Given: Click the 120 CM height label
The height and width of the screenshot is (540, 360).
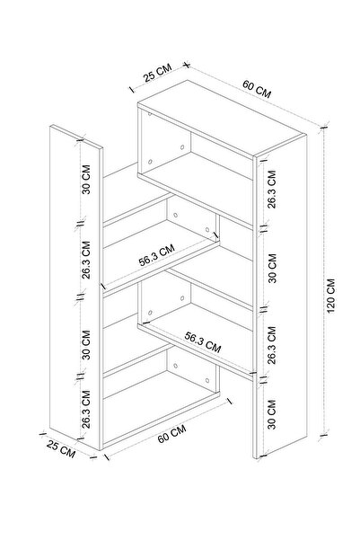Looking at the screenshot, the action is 330,296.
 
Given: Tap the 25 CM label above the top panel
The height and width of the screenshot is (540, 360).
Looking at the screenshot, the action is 157,73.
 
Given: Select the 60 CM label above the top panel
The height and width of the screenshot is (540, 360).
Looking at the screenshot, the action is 257,89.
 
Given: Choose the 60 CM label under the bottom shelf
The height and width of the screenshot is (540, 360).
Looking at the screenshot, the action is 171,434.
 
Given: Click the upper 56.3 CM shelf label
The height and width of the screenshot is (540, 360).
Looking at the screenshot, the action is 156,255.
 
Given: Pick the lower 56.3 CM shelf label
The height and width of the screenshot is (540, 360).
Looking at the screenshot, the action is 203,342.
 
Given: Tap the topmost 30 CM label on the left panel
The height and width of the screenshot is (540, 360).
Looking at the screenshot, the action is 86,180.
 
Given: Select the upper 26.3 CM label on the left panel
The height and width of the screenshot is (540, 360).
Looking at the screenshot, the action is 86,260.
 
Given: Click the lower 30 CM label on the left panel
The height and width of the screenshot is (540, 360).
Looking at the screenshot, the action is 86,345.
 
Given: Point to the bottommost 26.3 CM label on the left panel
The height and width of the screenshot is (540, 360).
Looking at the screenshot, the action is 86,409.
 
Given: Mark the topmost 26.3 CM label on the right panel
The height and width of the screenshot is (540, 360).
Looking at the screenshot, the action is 272,189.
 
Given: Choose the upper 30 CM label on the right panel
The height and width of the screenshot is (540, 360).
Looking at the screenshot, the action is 272,269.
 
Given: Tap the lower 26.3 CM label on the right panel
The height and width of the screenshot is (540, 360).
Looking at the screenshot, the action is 272,345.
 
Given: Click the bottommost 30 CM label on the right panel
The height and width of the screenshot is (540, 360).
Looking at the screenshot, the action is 272,414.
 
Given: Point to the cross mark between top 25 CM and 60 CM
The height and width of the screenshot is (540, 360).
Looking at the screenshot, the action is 187,65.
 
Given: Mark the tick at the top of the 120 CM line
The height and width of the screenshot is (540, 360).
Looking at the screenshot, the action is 323,128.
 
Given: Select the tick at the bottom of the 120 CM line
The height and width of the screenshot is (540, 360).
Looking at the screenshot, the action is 323,436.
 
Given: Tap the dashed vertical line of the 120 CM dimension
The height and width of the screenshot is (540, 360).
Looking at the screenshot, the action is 323,282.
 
